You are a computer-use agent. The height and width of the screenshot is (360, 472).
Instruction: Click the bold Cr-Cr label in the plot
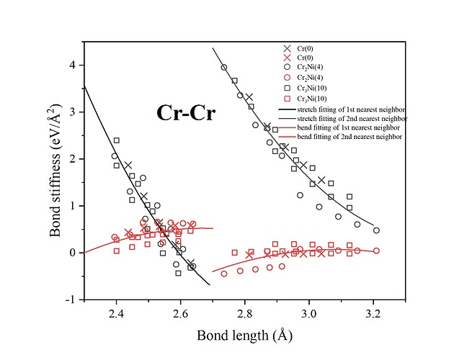click(188, 113)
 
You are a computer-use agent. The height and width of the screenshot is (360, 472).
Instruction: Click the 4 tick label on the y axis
click(72, 65)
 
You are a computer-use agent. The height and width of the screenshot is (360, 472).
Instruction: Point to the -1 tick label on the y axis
click(70, 299)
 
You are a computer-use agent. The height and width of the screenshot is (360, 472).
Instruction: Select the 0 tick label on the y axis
click(72, 252)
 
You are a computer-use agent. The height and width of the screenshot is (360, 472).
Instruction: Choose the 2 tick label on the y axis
click(72, 158)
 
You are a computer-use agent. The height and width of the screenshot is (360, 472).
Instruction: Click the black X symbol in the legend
click(287, 48)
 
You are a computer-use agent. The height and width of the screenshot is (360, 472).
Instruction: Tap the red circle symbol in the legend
click(287, 77)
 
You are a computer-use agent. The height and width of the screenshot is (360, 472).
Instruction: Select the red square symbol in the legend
click(287, 97)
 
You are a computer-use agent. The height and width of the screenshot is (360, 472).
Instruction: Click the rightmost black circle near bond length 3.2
click(376, 230)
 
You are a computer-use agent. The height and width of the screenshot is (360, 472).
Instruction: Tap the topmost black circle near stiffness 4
click(224, 67)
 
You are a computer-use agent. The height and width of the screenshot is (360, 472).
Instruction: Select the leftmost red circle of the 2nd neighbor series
click(224, 274)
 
